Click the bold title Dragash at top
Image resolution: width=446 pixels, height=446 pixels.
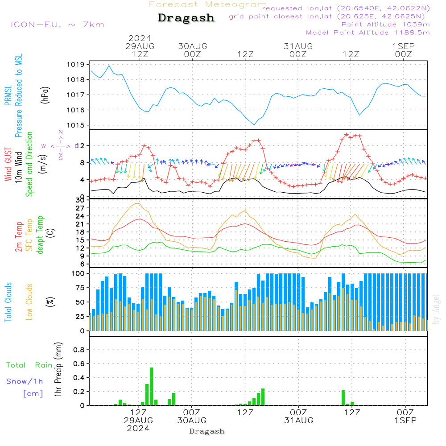[186, 18]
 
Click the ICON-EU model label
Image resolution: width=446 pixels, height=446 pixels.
[57, 25]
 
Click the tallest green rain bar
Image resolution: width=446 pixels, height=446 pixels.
[152, 386]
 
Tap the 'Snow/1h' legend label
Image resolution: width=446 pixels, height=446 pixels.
[25, 381]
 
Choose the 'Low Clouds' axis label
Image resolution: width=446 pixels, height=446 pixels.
[29, 302]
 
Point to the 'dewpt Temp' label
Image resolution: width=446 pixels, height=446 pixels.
[40, 235]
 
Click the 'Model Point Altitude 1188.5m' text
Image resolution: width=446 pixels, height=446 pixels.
[368, 33]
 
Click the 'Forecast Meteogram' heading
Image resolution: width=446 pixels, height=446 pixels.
[208, 4]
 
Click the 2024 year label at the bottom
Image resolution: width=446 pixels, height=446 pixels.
[138, 428]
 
